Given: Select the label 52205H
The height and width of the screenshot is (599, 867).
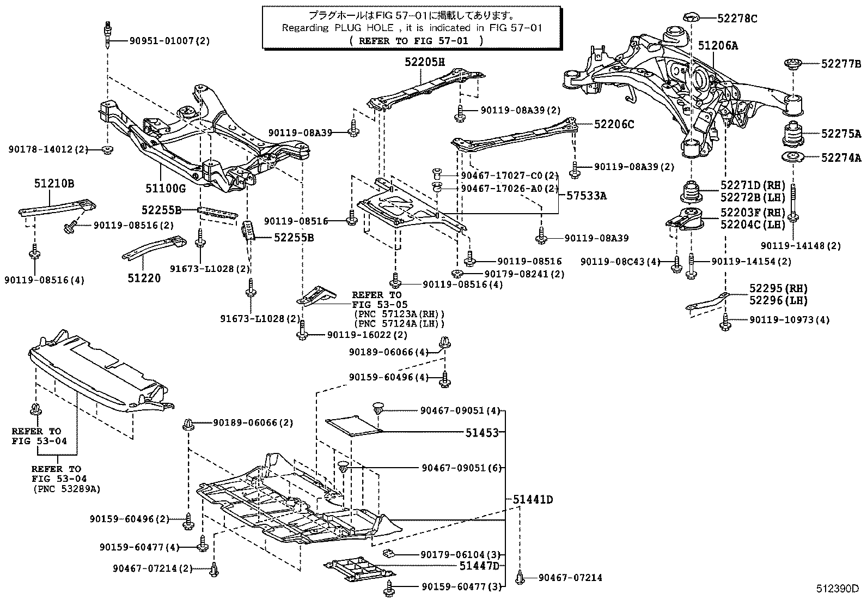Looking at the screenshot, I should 425,62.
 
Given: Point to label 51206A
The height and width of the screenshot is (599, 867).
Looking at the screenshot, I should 718,46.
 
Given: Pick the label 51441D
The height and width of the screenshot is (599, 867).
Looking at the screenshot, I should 533,499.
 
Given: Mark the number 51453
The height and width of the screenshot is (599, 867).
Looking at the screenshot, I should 482,433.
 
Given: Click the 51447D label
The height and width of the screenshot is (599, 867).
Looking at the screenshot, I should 479,566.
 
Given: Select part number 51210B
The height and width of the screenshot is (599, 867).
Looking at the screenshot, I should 54,184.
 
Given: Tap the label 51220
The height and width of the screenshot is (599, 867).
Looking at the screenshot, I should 144,278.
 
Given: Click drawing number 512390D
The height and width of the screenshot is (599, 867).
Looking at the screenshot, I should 837,589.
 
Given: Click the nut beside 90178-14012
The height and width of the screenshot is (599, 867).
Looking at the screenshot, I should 108,149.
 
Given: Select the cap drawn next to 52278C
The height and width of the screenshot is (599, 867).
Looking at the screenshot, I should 692,16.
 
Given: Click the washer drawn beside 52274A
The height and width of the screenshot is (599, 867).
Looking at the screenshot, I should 794,159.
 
